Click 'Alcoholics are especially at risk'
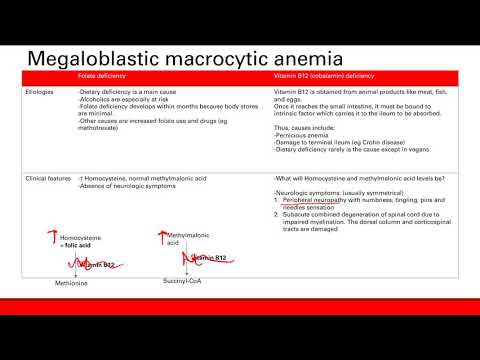click(123, 97)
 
